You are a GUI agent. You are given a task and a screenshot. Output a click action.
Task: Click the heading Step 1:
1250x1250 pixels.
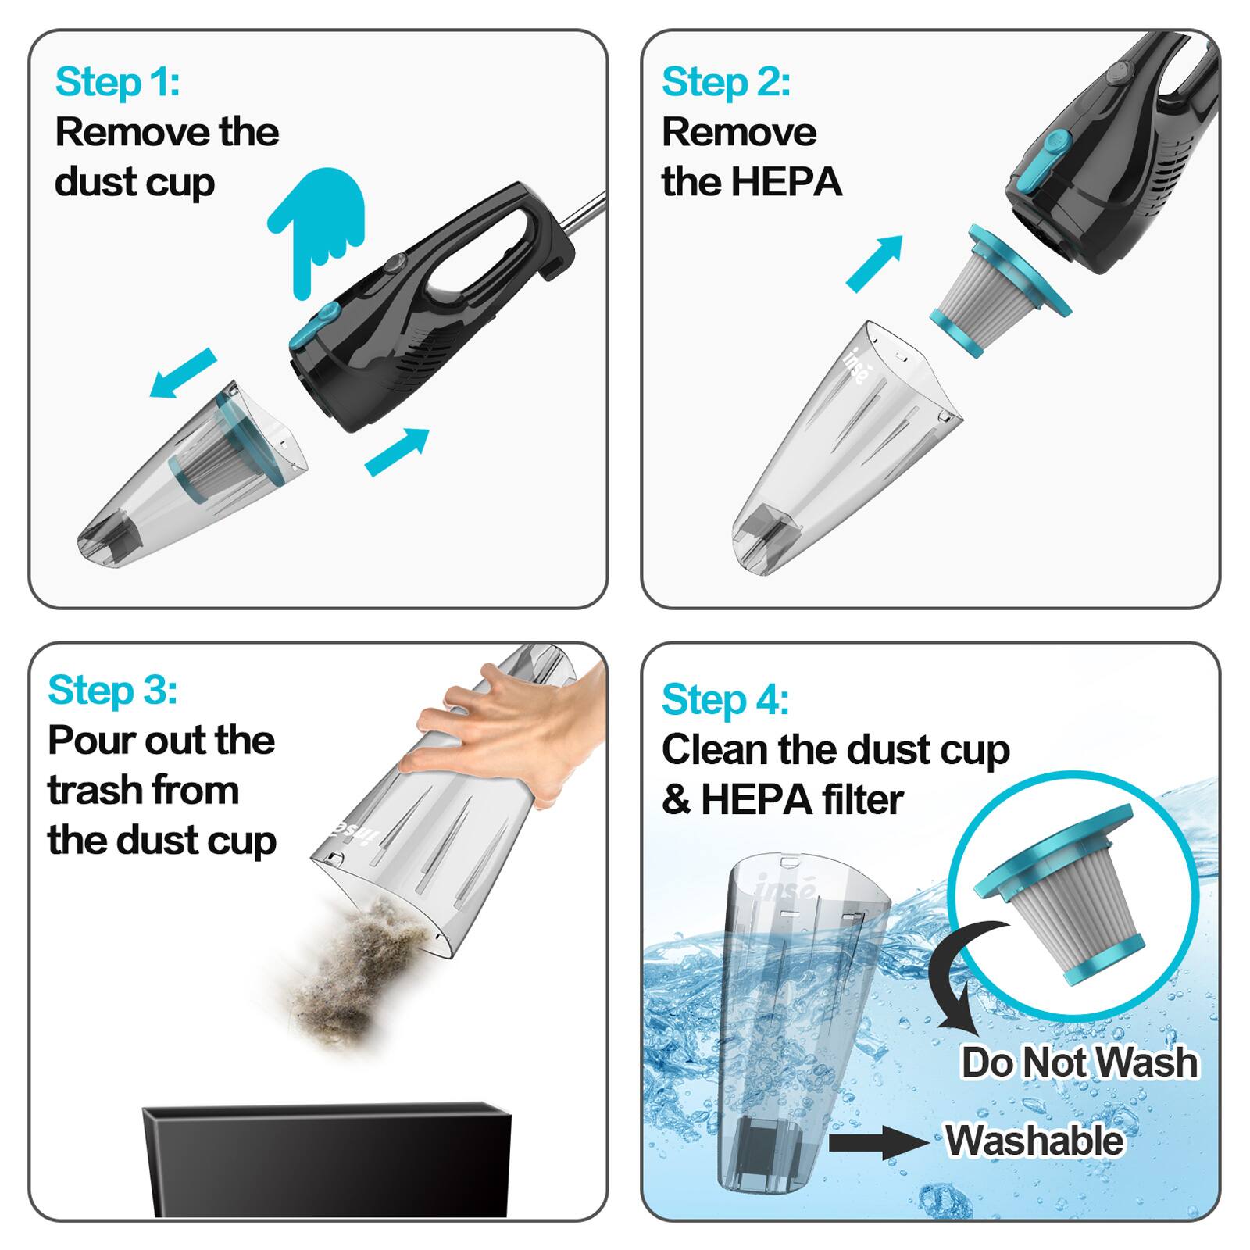tap(117, 82)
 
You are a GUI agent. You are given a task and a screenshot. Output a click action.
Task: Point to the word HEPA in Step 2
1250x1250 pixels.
tap(786, 182)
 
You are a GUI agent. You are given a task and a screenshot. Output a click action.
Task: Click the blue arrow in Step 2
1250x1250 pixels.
tap(875, 263)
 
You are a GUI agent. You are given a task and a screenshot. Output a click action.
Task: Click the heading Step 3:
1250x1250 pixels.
tap(112, 691)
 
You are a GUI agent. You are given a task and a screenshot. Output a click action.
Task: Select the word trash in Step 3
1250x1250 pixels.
tap(97, 790)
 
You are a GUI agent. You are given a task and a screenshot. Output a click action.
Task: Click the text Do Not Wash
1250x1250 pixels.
tap(1079, 1062)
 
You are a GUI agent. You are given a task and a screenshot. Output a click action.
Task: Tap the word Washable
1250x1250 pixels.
tap(1034, 1141)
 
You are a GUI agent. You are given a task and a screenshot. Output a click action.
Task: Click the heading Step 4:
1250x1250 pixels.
tap(725, 699)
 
